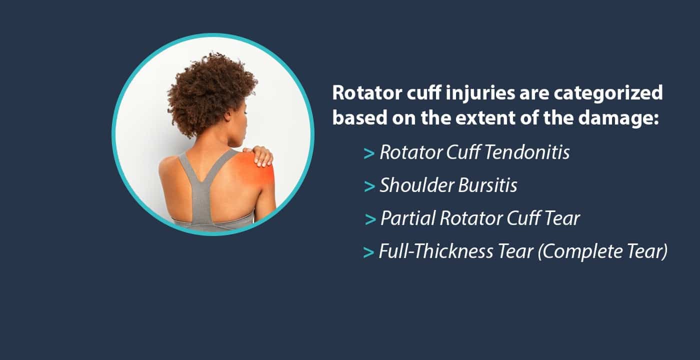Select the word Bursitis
pyautogui.click(x=487, y=185)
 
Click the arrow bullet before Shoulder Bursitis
pyautogui.click(x=369, y=186)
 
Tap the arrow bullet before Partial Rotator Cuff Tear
pyautogui.click(x=370, y=219)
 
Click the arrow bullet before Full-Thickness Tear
pyautogui.click(x=368, y=252)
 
